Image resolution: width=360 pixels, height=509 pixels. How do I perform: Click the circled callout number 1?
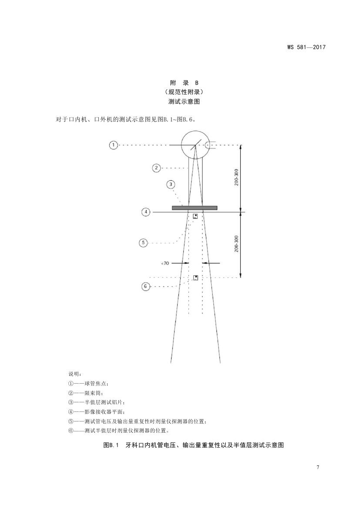(113, 145)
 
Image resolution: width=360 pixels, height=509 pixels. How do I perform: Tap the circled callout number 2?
(156, 168)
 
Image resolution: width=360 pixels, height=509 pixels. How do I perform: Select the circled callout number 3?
(171, 185)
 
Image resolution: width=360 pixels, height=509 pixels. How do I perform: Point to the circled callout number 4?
(146, 212)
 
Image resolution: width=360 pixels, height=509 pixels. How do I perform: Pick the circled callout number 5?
(143, 243)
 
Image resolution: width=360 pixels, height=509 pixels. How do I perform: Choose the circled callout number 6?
(145, 287)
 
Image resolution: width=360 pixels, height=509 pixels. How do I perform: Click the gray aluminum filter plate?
(195, 208)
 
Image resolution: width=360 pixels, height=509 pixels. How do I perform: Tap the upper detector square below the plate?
(195, 216)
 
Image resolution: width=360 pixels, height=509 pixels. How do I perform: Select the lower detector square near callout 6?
(196, 277)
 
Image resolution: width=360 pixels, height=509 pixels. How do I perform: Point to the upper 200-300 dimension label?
(236, 177)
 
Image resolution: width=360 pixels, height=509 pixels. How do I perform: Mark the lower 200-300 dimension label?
(236, 244)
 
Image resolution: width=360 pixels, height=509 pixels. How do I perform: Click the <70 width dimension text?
(165, 263)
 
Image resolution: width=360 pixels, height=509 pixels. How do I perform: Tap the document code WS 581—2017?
(306, 47)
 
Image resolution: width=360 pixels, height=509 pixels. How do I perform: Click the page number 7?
(318, 467)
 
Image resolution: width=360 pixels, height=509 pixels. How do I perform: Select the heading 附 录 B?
(184, 83)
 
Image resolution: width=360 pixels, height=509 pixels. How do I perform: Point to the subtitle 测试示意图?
(184, 101)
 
